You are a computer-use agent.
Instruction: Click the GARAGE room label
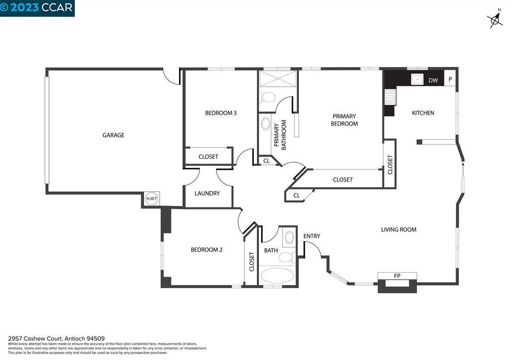pos(114,135)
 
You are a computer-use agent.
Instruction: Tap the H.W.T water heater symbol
pos(151,198)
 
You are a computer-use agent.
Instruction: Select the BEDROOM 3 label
pos(221,113)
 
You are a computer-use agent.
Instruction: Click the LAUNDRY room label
pos(207,193)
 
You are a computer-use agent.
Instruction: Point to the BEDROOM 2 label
pos(206,250)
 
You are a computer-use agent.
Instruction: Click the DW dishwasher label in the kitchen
pos(433,80)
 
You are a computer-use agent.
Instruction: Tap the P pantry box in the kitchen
pos(450,79)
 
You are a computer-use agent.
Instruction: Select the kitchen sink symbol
pos(417,79)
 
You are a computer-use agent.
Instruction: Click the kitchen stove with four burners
pos(390,97)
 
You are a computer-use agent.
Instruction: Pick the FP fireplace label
pos(397,276)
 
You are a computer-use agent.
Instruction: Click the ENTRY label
pos(311,236)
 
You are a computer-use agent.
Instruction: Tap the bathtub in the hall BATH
pos(277,276)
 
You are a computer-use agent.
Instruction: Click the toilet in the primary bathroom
pos(268,97)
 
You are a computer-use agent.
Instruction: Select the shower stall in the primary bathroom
pos(278,79)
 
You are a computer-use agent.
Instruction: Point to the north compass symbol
pos(496,19)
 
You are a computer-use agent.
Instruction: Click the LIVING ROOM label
pos(399,230)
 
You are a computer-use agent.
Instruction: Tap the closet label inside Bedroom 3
pos(208,157)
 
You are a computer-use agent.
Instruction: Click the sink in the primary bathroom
pos(265,124)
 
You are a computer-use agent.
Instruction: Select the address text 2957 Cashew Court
pos(35,338)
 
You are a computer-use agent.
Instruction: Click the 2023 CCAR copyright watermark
pos(37,7)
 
